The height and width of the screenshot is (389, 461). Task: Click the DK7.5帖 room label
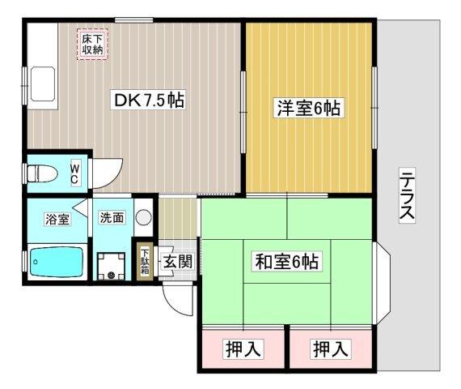tap(150, 101)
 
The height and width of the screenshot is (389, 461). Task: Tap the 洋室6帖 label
tap(309, 108)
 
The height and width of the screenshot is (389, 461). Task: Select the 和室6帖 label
tap(289, 261)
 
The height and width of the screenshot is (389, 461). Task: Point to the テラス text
tap(408, 195)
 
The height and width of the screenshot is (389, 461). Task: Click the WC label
tap(74, 173)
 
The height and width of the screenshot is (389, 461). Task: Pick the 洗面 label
tap(112, 217)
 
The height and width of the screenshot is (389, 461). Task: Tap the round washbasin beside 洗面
tap(143, 217)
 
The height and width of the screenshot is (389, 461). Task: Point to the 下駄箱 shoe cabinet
tap(145, 261)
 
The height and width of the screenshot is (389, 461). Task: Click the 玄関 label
tap(177, 261)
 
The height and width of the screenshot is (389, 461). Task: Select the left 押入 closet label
tap(243, 349)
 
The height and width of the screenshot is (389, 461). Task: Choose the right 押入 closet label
tap(331, 349)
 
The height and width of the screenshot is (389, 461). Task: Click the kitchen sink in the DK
tap(41, 83)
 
